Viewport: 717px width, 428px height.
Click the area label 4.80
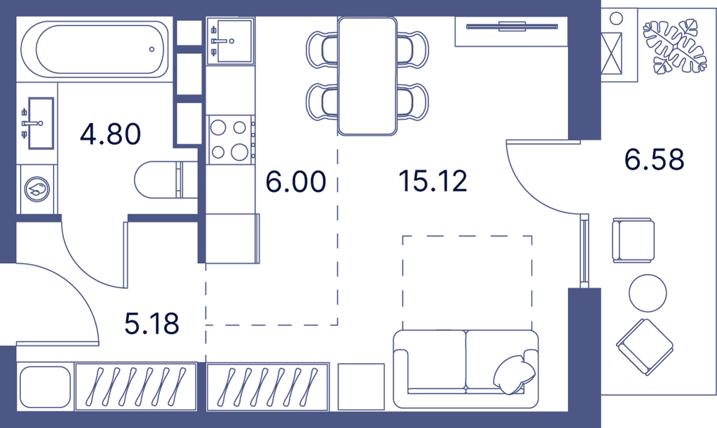[x=110, y=135]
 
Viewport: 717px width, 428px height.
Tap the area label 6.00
[x=296, y=181]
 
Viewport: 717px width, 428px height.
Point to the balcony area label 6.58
[x=655, y=159]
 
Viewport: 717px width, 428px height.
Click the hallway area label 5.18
[x=152, y=323]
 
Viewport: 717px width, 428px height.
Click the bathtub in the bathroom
[x=95, y=49]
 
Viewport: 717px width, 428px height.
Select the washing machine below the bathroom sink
[x=37, y=189]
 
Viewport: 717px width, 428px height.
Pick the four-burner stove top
[x=230, y=140]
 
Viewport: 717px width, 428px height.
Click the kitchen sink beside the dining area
[x=229, y=40]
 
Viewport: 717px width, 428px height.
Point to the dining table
[x=367, y=77]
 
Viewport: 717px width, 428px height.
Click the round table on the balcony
[x=647, y=293]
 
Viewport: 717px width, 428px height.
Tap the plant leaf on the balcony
[x=675, y=46]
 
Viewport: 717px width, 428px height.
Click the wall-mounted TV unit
[x=511, y=32]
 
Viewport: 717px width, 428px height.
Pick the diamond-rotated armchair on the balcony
[x=645, y=347]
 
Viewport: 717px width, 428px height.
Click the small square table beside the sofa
[x=361, y=387]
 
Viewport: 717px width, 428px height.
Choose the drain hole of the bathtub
[x=152, y=49]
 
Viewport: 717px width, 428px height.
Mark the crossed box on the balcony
[x=612, y=54]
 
